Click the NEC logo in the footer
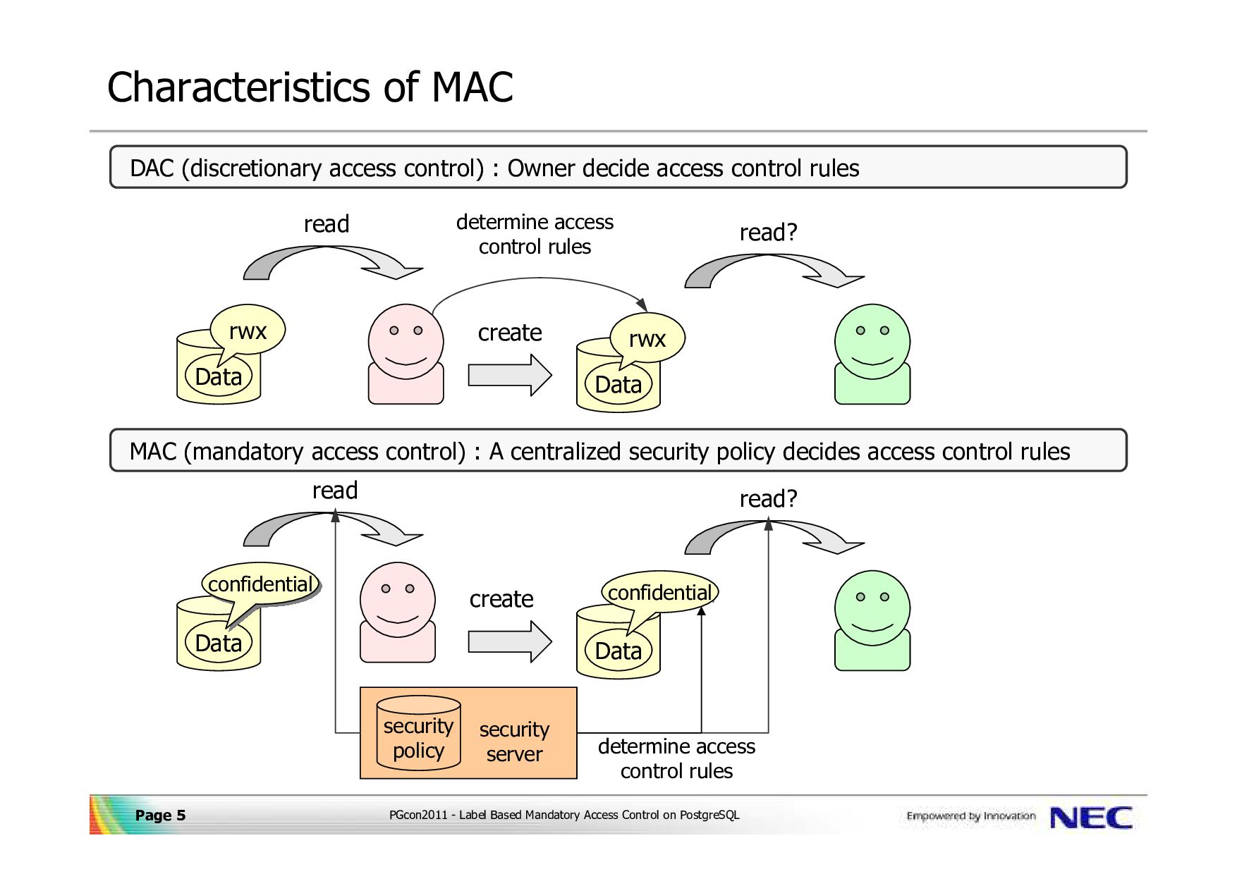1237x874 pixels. (1090, 818)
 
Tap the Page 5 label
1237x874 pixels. (160, 815)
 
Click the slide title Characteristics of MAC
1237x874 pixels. (310, 87)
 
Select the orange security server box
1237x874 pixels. (468, 733)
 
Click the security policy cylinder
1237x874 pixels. (418, 733)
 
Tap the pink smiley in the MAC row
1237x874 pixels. (398, 612)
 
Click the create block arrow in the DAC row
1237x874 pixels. (510, 375)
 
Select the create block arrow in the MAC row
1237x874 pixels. (510, 641)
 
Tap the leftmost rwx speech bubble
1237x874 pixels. (247, 333)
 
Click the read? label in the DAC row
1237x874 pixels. (768, 233)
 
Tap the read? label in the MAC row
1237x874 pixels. (768, 499)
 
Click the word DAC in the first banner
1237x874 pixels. (152, 168)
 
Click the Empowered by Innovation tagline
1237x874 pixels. (970, 816)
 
